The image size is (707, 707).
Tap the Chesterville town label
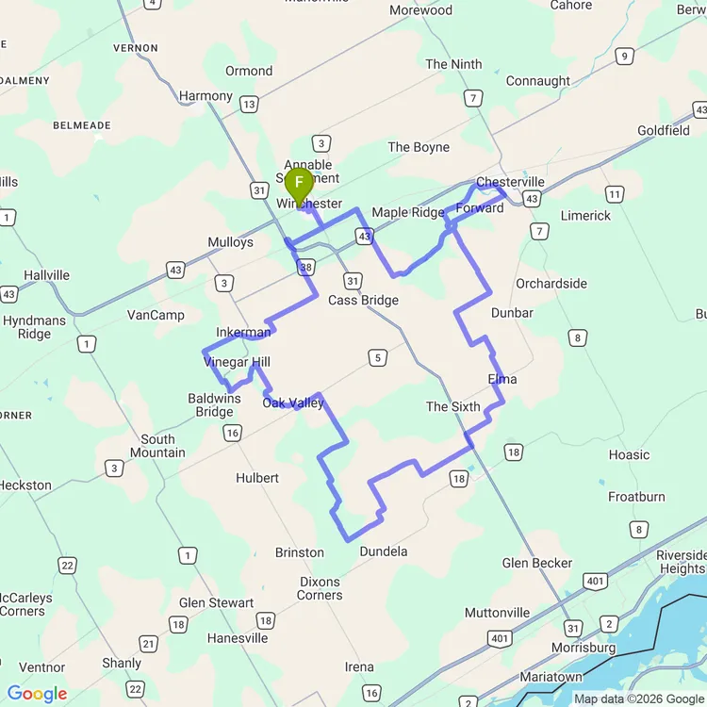tap(510, 182)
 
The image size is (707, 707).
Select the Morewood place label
tap(420, 10)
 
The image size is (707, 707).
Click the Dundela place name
tap(384, 551)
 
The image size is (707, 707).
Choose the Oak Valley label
tap(293, 403)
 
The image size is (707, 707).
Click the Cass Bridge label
tap(363, 301)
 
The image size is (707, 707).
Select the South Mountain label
tap(157, 446)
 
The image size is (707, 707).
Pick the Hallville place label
tap(47, 275)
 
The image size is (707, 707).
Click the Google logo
tap(37, 695)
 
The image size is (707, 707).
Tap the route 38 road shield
tap(304, 268)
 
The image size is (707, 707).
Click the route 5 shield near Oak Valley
tap(378, 357)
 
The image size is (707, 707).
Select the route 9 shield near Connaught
tap(623, 57)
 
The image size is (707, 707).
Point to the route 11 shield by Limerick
tap(615, 195)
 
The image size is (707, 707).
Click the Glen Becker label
tap(537, 563)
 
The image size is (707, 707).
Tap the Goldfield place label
tap(664, 130)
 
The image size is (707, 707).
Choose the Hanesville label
tap(238, 638)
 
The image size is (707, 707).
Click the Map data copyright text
tap(638, 699)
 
